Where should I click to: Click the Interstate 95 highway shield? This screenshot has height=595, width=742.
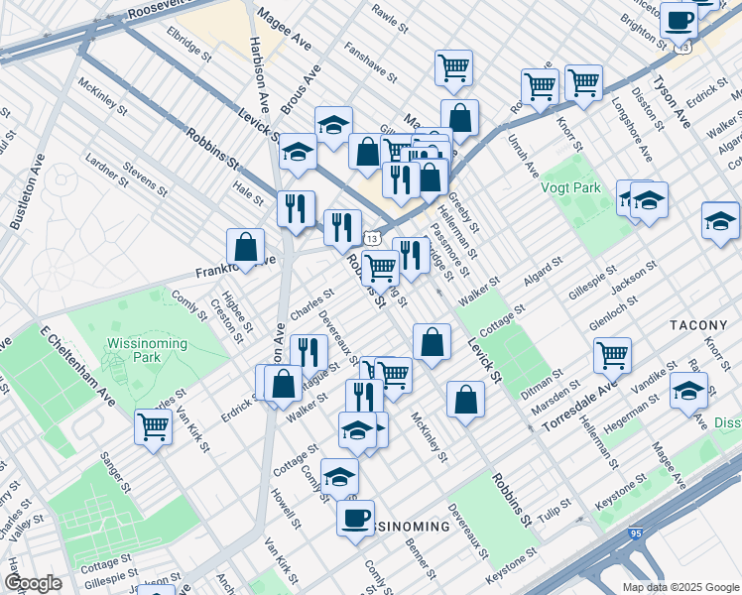click(634, 534)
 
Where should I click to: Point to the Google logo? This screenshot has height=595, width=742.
click(33, 583)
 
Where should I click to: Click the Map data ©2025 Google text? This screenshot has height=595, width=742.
click(680, 587)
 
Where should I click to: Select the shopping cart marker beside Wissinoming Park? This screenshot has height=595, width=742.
click(154, 426)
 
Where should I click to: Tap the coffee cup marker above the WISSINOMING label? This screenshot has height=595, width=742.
click(354, 516)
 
